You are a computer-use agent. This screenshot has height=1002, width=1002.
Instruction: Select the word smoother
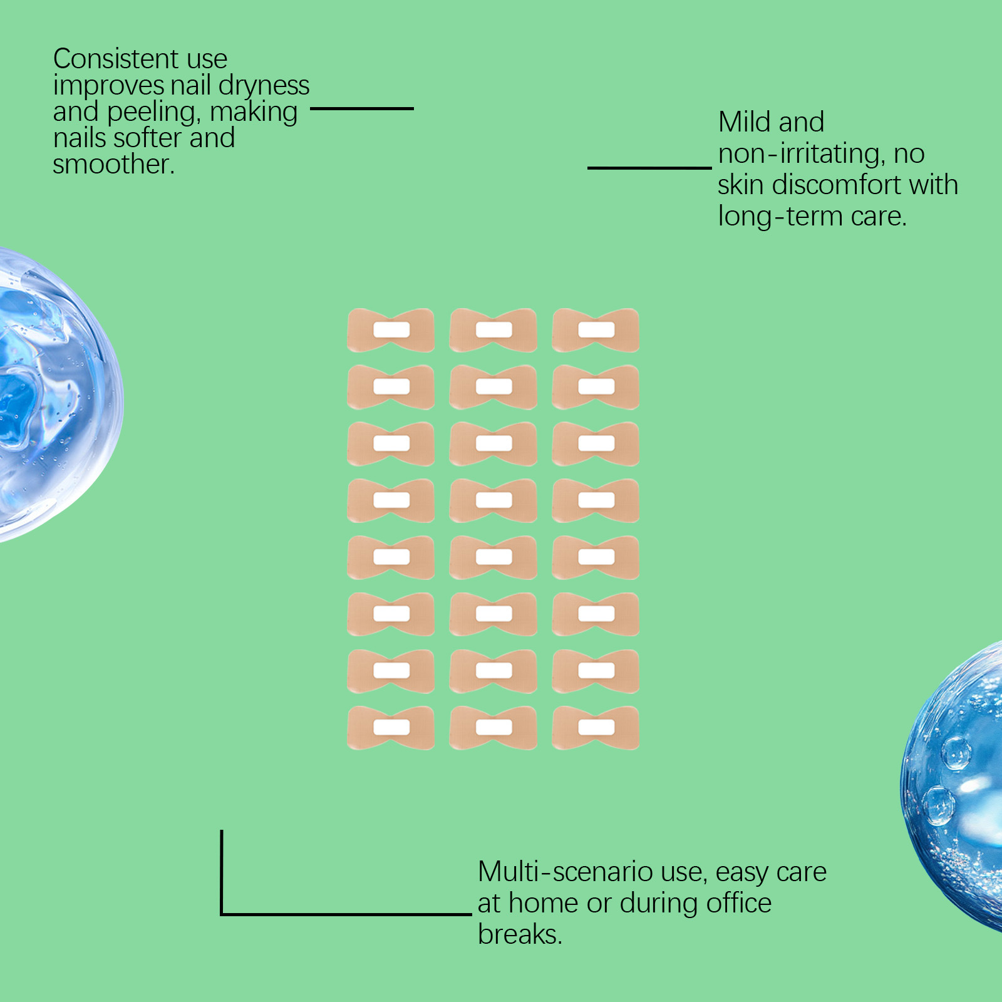tap(113, 165)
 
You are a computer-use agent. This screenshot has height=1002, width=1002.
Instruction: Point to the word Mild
tap(744, 122)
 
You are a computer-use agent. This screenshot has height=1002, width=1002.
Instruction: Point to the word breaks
tap(519, 934)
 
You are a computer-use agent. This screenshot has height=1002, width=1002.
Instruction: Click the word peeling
tap(153, 112)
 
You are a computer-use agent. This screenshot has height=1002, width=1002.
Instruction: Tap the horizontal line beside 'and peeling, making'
tap(361, 108)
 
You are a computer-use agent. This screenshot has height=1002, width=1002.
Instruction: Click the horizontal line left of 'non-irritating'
tap(649, 168)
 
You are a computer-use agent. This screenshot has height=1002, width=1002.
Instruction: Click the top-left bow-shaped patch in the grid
tap(391, 330)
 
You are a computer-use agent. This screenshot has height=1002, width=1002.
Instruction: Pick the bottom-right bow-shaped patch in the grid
tap(596, 728)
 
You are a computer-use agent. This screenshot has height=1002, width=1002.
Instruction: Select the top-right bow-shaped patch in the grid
tap(596, 330)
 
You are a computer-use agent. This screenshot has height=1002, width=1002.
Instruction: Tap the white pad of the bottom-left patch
tap(391, 727)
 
